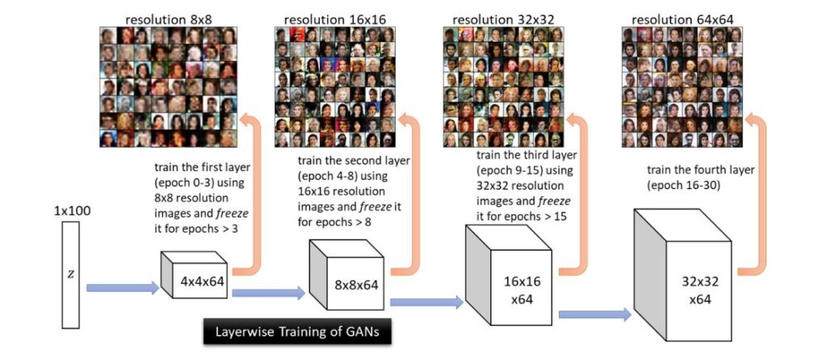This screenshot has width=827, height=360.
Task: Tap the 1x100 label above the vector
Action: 71,211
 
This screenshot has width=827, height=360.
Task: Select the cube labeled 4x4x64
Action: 197,279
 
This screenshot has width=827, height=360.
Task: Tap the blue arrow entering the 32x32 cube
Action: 594,313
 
